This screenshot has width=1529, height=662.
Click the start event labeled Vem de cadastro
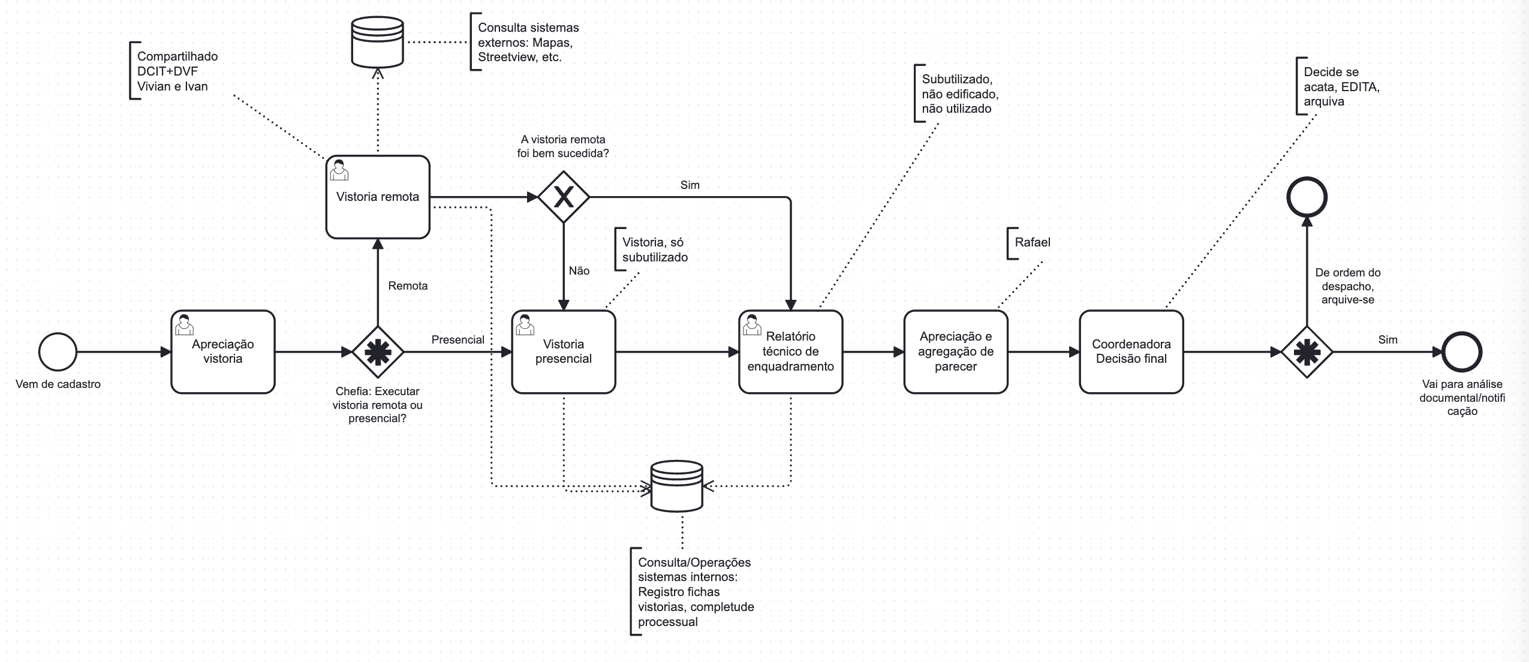[x=58, y=352]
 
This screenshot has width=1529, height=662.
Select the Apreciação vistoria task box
[x=222, y=352]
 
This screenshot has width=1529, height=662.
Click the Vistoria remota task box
[x=377, y=197]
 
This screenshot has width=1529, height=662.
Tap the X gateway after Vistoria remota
[x=563, y=197]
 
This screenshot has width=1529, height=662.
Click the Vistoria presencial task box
[x=563, y=352]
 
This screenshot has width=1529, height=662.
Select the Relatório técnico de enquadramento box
[x=790, y=352]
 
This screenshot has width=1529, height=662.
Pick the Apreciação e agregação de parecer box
[x=955, y=352]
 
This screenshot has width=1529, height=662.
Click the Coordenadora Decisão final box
[x=1131, y=352]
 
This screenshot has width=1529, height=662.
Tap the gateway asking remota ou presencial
[x=377, y=352]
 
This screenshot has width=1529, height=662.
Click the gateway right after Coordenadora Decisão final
[x=1307, y=352]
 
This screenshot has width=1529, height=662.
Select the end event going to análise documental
[x=1462, y=352]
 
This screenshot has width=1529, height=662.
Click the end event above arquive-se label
[x=1307, y=197]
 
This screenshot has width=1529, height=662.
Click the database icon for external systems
[x=377, y=41]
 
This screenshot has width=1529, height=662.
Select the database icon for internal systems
[x=676, y=486]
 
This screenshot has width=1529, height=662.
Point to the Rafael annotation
[x=1032, y=242]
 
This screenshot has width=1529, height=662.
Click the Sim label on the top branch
[x=690, y=185]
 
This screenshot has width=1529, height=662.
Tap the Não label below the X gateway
[x=579, y=271]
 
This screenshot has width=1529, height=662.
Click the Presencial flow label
[x=458, y=340]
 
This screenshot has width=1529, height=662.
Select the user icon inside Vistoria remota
[x=339, y=170]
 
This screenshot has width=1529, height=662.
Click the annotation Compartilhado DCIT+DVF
[x=176, y=71]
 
